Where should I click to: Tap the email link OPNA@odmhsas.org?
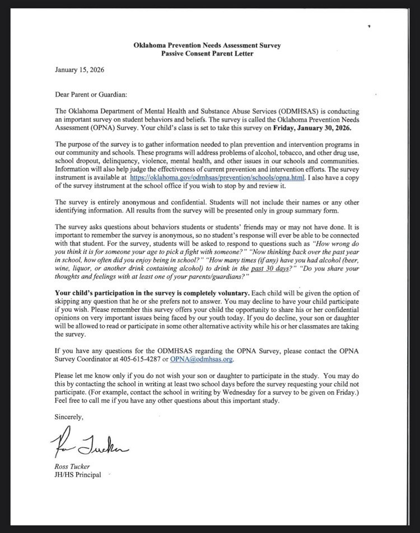click(201, 360)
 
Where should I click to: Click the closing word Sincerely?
click(68, 417)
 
